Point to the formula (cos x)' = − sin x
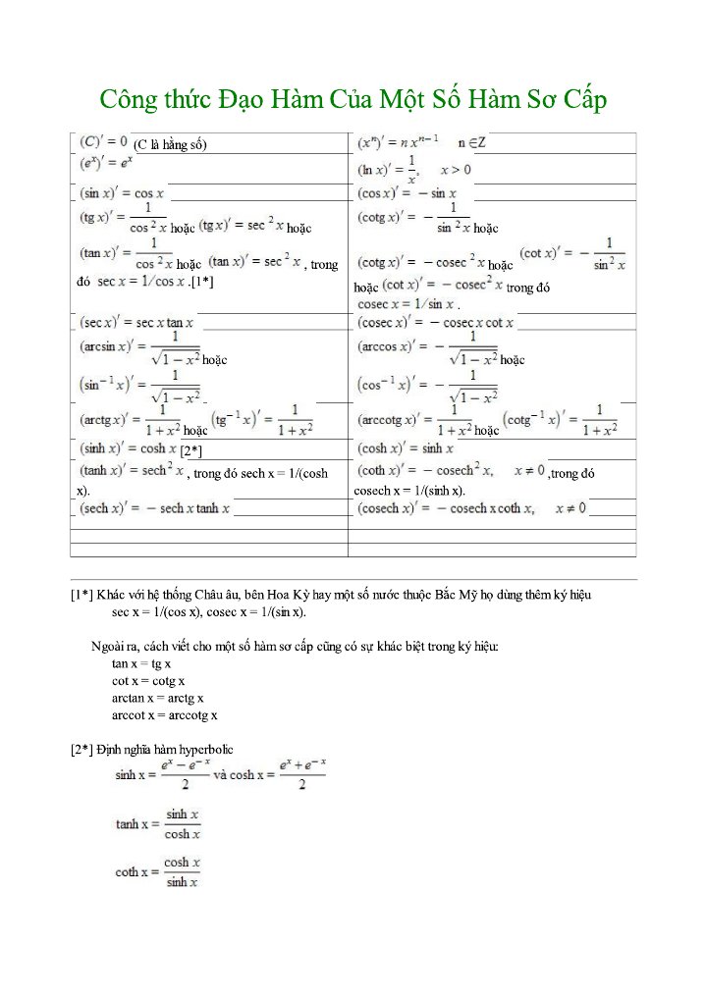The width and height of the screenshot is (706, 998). (x=407, y=193)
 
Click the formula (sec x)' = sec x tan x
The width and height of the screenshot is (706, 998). (x=136, y=322)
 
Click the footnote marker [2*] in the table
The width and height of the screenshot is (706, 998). (x=191, y=450)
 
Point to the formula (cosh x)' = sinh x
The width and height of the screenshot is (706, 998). (x=406, y=448)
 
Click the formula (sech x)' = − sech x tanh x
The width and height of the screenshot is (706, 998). (x=154, y=508)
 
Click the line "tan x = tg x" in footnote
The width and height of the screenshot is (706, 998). (x=141, y=663)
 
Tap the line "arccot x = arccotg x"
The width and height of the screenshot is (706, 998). (x=165, y=715)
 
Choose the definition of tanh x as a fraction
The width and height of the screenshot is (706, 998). (x=158, y=824)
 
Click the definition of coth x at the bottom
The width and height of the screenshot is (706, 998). (x=158, y=871)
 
